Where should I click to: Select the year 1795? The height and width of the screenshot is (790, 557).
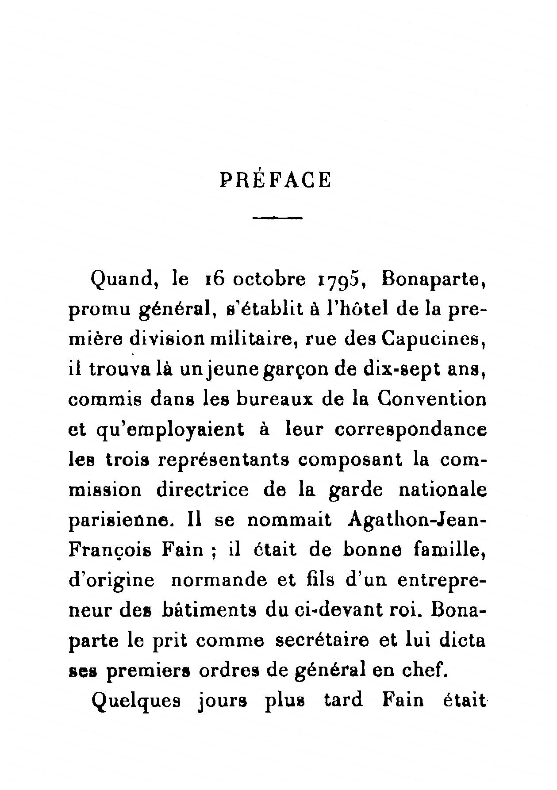coord(341,280)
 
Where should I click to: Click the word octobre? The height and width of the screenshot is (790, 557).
coord(269,280)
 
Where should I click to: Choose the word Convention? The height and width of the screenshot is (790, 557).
coord(432,399)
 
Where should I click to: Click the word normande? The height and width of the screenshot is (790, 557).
coord(219,580)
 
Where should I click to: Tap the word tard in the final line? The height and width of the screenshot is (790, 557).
coord(343,700)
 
